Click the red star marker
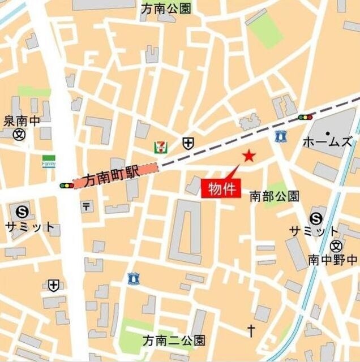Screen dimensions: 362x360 point(248,156)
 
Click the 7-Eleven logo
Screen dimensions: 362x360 point(161,147)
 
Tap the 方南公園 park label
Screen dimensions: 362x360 point(166,8)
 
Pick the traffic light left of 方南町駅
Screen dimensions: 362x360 point(67,185)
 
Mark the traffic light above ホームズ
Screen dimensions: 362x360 point(306,117)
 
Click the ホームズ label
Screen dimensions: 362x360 point(328,141)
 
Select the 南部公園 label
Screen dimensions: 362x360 point(275,196)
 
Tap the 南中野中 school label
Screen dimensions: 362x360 point(332,260)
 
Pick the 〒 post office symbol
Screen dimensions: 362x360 point(86,207)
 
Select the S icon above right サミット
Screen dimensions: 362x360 point(316,218)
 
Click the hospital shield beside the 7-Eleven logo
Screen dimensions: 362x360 point(187,143)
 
